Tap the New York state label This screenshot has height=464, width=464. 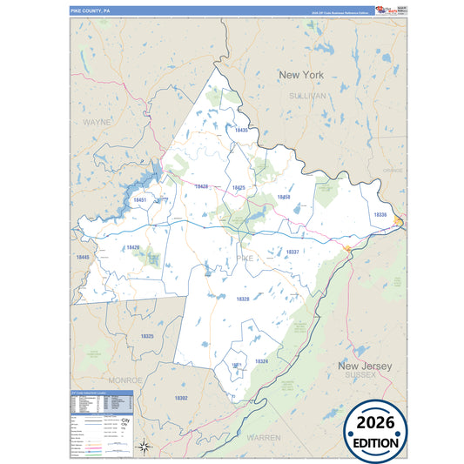pyautogui.click(x=300, y=76)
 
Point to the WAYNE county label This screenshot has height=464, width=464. pyautogui.click(x=97, y=122)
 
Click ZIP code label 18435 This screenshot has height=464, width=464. pyautogui.click(x=241, y=131)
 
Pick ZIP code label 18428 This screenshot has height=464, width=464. pyautogui.click(x=201, y=186)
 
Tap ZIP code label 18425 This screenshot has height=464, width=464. pyautogui.click(x=238, y=188)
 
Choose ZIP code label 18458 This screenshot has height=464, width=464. pyautogui.click(x=283, y=198)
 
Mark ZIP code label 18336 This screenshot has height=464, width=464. pyautogui.click(x=380, y=214)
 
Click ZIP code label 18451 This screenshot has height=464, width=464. pyautogui.click(x=139, y=200)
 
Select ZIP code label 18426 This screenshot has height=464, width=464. pyautogui.click(x=132, y=247)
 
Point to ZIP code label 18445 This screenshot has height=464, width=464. pyautogui.click(x=82, y=258)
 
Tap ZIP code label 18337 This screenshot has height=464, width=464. pyautogui.click(x=293, y=252)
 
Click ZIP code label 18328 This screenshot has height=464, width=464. pyautogui.click(x=242, y=299)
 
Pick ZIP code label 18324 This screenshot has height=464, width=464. pyautogui.click(x=261, y=360)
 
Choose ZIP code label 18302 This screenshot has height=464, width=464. pyautogui.click(x=181, y=397)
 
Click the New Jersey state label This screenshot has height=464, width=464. pyautogui.click(x=365, y=366)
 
